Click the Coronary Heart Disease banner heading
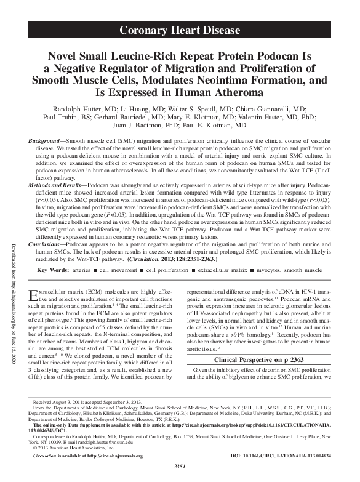[x=180, y=30]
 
